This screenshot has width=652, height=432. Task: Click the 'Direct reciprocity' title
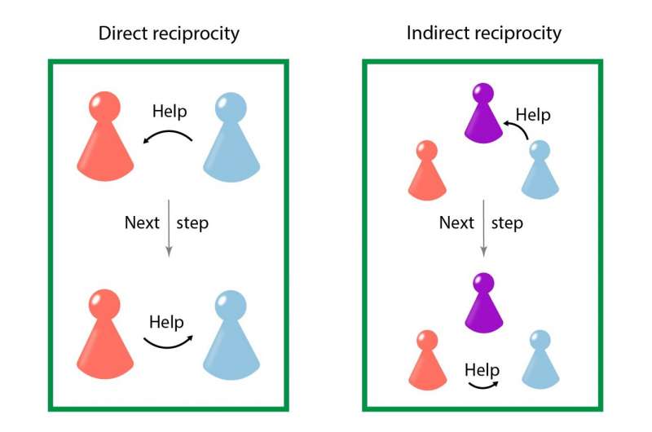point(169,33)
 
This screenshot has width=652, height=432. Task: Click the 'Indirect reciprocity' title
point(484,33)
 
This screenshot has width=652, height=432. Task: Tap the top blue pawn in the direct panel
point(231,139)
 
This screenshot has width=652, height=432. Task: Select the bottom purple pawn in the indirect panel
point(483,303)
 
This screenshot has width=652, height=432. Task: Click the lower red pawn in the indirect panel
point(425,360)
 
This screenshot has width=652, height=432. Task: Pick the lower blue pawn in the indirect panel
point(540,361)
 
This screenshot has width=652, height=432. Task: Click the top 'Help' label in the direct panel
point(170,110)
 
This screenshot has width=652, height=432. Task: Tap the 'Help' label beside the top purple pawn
point(533,114)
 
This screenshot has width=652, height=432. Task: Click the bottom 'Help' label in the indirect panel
point(482,369)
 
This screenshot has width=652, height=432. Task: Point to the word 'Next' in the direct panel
point(142,223)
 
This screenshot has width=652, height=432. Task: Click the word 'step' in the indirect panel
point(507,223)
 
